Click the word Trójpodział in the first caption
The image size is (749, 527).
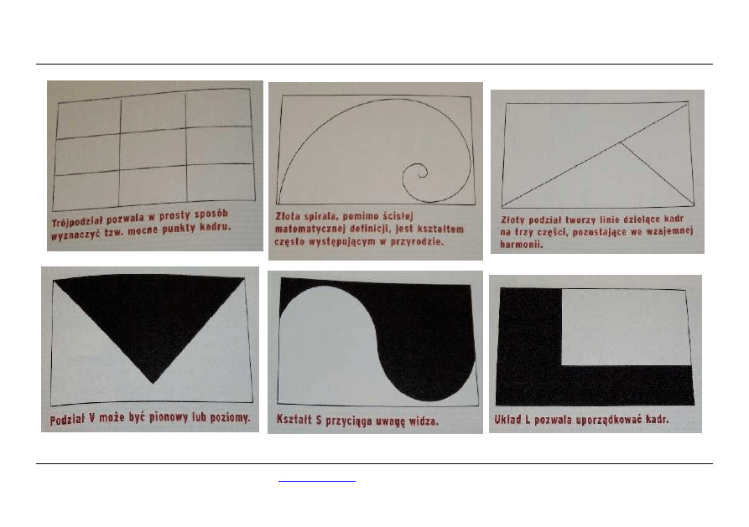point(77,221)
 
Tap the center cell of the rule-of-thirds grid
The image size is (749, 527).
point(153,149)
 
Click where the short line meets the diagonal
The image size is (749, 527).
point(620,142)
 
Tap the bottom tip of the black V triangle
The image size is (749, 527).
point(153,383)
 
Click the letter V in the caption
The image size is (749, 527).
point(91,419)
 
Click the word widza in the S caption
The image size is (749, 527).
point(423,421)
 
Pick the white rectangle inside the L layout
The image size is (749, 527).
point(626,327)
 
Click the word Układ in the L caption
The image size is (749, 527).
point(507,420)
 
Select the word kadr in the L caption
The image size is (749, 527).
point(657,419)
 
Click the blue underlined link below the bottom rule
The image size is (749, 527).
point(317,481)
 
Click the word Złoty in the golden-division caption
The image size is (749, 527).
point(512,220)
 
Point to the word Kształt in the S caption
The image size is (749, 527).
point(294,419)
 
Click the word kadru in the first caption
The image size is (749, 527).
point(215,227)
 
